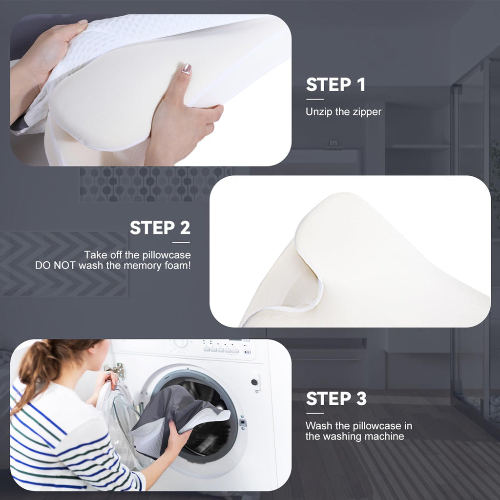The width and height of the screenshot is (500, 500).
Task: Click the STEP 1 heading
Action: click(335, 85)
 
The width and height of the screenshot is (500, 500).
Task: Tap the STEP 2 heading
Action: click(160, 228)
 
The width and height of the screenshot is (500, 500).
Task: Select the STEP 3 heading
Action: click(336, 399)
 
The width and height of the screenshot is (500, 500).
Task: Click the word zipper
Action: click(366, 112)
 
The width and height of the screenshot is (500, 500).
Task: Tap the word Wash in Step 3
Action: click(318, 426)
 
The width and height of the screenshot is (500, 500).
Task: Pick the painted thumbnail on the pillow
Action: click(187, 68)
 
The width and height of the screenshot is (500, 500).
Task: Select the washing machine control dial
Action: click(181, 343)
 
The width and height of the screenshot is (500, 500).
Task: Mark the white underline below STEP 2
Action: click(180, 242)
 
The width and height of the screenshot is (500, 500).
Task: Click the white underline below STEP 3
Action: click(315, 413)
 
